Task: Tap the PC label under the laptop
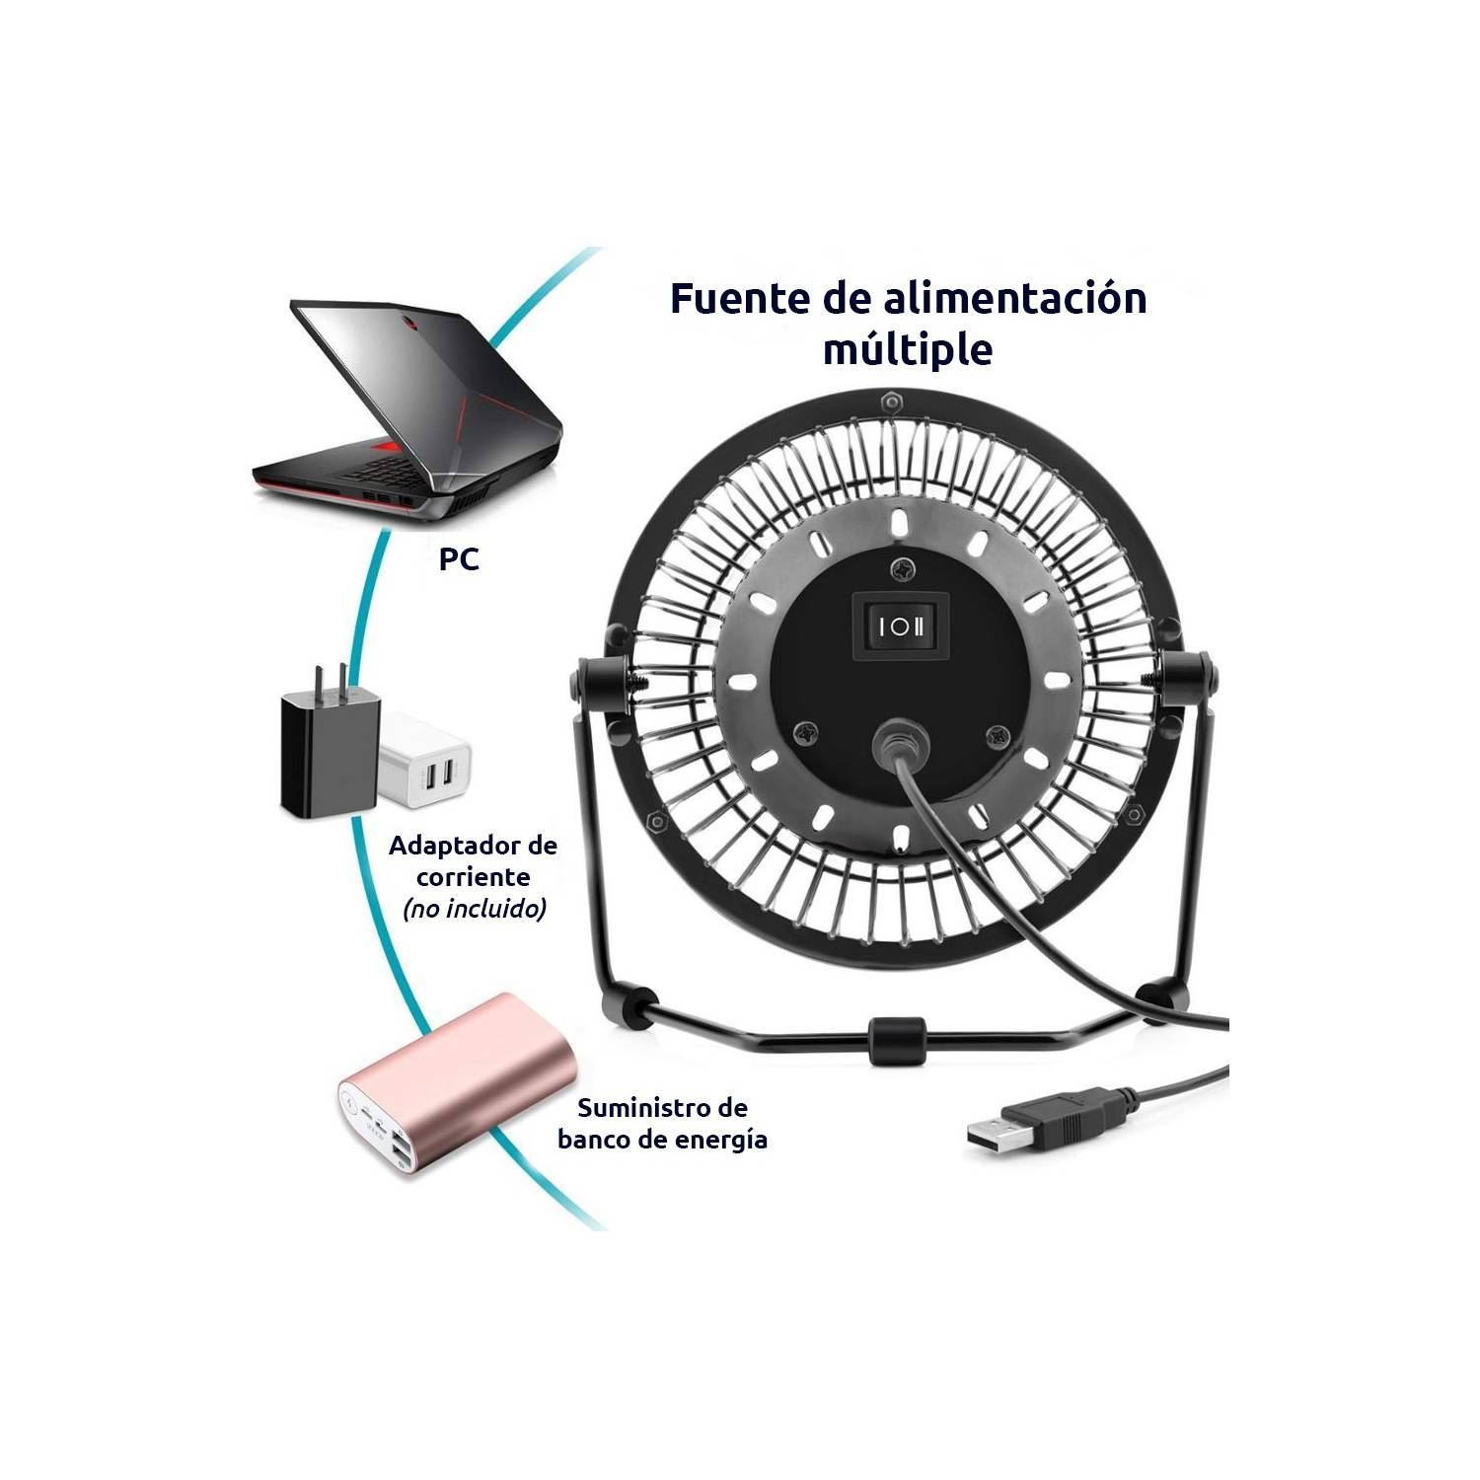point(459,559)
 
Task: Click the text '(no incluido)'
point(474,909)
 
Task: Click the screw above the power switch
point(901,568)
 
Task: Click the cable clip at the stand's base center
point(897,1041)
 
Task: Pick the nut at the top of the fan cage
point(891,403)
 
